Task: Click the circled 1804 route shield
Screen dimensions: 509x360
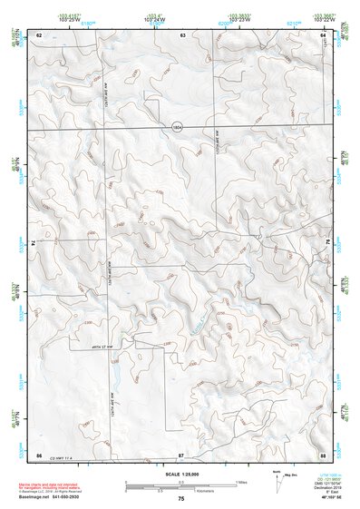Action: tap(178, 128)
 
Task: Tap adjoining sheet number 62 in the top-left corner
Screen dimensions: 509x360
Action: tap(39, 34)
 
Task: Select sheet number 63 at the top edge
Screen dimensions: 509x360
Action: tap(182, 34)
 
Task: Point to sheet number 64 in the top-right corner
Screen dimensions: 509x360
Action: tap(324, 34)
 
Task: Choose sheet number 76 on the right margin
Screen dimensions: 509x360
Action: tap(327, 244)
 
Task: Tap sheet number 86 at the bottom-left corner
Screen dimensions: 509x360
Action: tap(39, 453)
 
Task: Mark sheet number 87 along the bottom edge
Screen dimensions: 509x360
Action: tap(181, 453)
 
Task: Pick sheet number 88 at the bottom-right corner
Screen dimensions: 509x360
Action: tap(323, 453)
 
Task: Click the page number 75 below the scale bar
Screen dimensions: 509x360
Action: tap(181, 499)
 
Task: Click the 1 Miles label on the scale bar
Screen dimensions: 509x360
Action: tap(241, 481)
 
